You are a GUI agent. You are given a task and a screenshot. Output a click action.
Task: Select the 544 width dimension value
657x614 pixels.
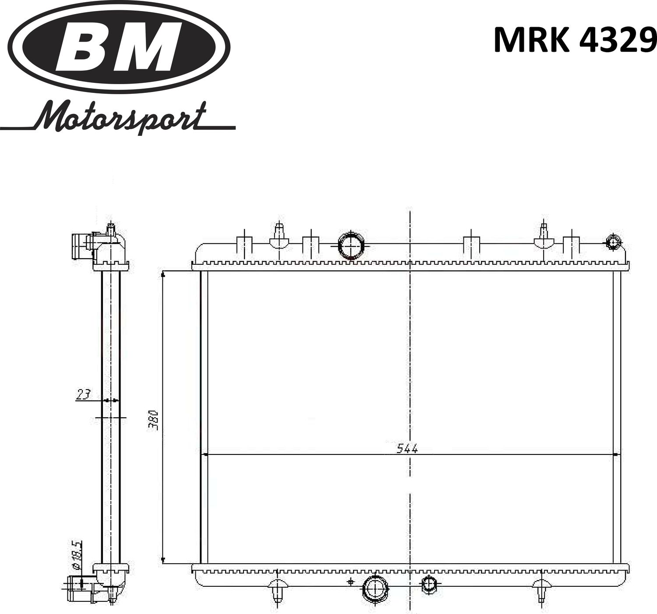(407, 448)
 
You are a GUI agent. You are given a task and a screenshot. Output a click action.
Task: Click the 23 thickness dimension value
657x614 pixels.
(83, 394)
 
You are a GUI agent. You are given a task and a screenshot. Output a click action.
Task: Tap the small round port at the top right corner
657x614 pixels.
(612, 242)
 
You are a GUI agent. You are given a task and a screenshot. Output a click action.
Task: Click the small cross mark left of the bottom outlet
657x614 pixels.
(350, 582)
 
